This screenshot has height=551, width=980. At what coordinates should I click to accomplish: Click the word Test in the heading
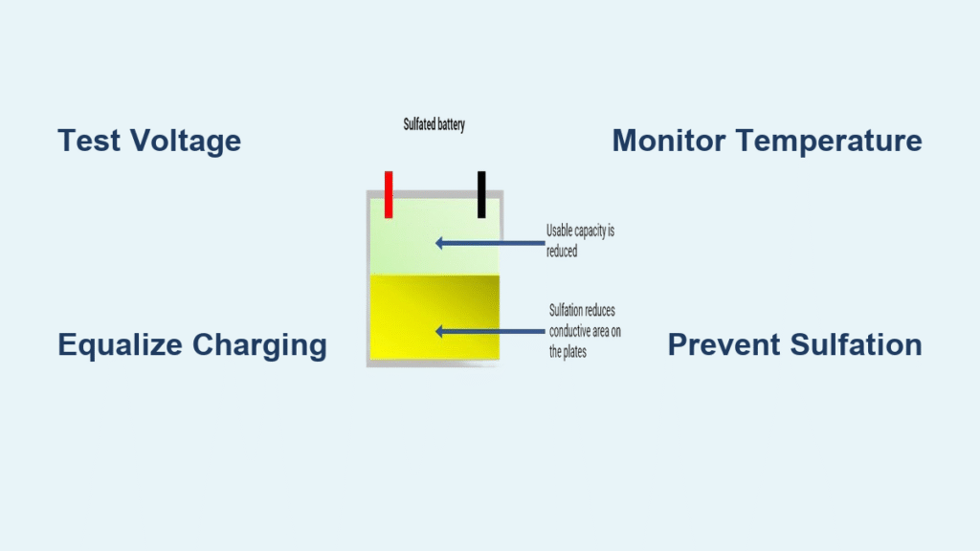tap(89, 141)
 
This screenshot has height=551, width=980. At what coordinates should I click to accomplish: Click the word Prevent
tap(724, 344)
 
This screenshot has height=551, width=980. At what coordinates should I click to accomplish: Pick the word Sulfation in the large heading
tap(857, 344)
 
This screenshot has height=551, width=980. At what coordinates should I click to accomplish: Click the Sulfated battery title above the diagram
tap(434, 124)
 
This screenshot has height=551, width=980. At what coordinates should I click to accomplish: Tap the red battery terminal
tap(389, 194)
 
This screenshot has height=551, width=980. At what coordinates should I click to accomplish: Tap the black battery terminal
tap(481, 194)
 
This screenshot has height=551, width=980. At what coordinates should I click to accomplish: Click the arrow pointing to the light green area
tap(491, 243)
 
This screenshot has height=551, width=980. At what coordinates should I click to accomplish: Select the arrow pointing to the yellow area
tap(491, 331)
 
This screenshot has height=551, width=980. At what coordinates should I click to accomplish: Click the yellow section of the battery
tap(435, 318)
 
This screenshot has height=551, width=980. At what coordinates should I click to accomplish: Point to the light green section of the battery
tap(435, 237)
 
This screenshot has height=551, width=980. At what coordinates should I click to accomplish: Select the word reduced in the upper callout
tap(562, 252)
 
